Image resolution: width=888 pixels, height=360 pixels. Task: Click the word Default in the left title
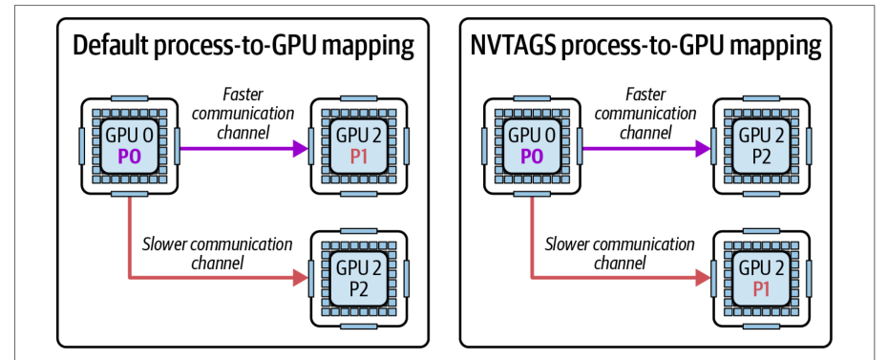[109, 47]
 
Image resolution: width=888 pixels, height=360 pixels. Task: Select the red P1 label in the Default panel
[358, 156]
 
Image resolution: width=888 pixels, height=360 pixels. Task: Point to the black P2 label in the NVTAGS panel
[761, 156]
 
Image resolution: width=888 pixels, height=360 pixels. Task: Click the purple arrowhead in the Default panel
[300, 149]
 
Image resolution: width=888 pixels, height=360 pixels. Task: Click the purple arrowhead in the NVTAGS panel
[702, 149]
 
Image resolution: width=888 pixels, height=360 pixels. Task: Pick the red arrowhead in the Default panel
[300, 277]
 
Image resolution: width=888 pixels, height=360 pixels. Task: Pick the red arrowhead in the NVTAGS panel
[702, 277]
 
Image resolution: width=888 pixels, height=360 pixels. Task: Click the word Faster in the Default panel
[243, 94]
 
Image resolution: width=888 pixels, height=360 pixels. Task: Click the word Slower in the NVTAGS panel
[567, 244]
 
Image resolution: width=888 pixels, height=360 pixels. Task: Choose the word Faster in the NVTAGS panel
[645, 94]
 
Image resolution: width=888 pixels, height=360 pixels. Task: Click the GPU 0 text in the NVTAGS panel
[533, 136]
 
